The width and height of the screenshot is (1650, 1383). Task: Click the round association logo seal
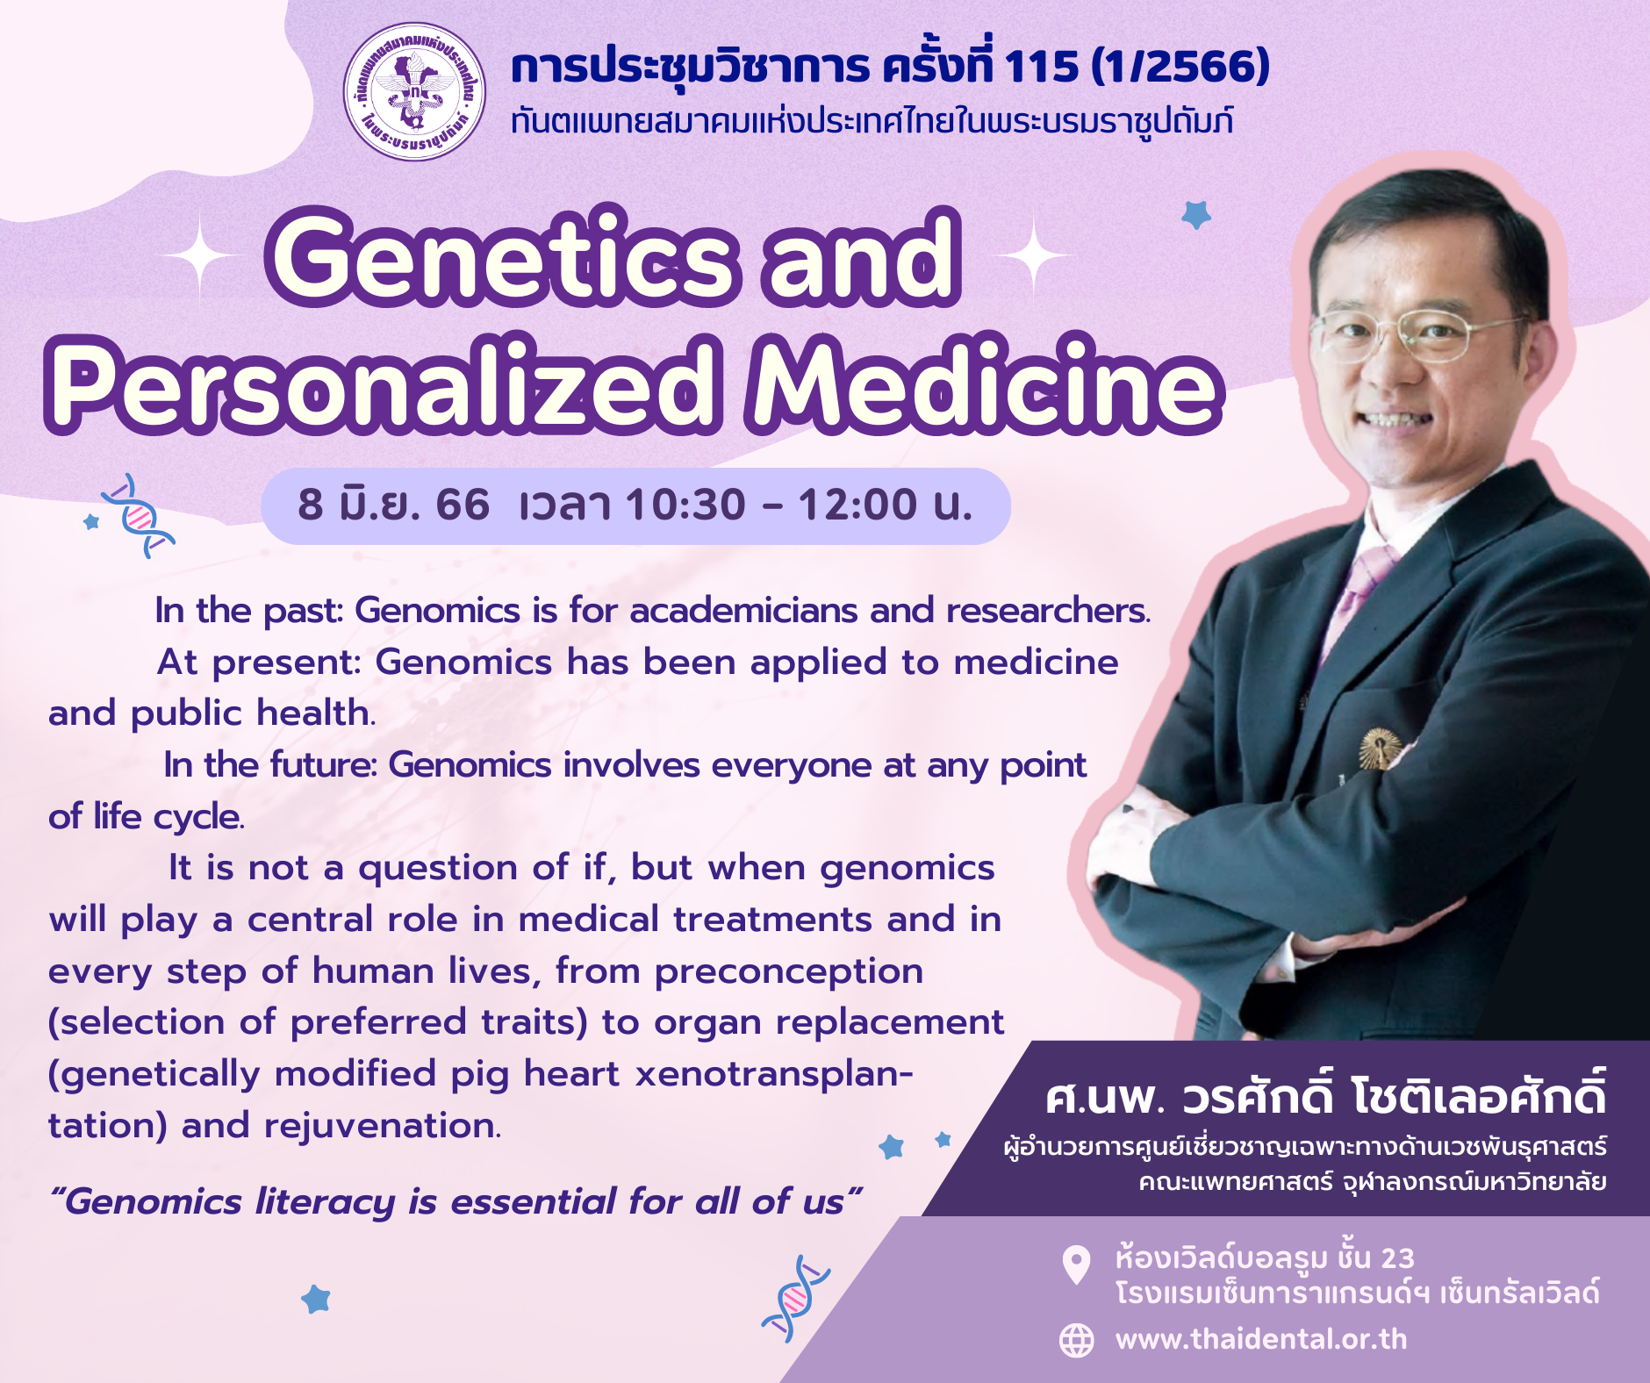pos(413,92)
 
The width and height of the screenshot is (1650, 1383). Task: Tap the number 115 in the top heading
pos(1041,67)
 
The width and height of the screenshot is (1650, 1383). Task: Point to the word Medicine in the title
pos(984,385)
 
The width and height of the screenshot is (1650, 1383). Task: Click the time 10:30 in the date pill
pos(685,505)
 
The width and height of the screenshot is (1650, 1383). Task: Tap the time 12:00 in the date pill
pos(857,505)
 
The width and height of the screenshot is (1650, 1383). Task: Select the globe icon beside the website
pos(1077,1340)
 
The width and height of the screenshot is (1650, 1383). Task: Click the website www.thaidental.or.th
pos(1261,1339)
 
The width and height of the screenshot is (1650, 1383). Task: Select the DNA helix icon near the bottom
pos(795,1299)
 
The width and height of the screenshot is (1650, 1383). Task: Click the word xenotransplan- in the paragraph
pos(774,1074)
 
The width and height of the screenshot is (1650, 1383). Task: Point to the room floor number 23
pos(1398,1258)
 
